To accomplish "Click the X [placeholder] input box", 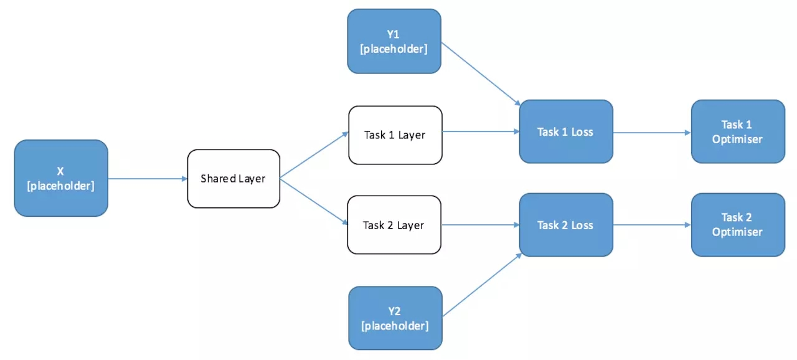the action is coord(61,178).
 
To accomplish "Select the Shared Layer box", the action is coord(233,179).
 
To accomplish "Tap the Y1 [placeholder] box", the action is coord(394,41).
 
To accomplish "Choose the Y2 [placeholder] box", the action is coord(395,318).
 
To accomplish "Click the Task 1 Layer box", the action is coord(395,135).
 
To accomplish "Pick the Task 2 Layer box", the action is coord(394,225).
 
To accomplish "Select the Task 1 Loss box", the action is coord(566,131).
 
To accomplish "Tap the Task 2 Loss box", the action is coord(566,225).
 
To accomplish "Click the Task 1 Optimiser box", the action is coord(738,131).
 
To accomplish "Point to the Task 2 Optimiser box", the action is coord(738,225).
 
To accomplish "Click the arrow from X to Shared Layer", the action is coord(148,179).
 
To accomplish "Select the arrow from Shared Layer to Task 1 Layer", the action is coord(314,155).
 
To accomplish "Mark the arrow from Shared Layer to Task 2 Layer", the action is coord(314,202).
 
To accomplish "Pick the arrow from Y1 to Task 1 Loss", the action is coord(481,74).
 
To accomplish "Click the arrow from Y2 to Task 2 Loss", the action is coord(482,285).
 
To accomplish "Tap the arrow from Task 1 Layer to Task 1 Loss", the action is coord(481,131).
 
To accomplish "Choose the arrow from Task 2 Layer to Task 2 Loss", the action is coord(480,225).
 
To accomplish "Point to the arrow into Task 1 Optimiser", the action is coord(652,133).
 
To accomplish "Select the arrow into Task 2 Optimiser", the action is coord(652,225).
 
